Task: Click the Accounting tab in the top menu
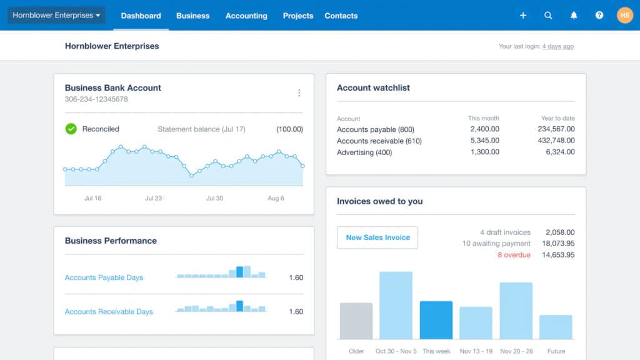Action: [x=246, y=16]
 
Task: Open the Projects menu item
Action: [x=298, y=16]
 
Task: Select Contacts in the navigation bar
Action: [x=341, y=16]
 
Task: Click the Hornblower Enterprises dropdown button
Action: [x=56, y=15]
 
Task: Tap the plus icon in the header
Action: [x=523, y=16]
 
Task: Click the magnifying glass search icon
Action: [x=548, y=16]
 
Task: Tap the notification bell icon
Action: [x=574, y=16]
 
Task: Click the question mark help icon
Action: [x=599, y=16]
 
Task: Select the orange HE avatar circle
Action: [x=625, y=15]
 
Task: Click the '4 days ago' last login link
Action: [x=557, y=47]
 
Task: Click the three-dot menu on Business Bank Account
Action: [x=299, y=93]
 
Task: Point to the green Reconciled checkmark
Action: [x=71, y=129]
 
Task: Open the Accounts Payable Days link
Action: [x=104, y=277]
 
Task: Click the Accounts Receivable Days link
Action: [x=109, y=311]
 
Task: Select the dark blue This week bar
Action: [x=436, y=320]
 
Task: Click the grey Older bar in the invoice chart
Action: [x=356, y=321]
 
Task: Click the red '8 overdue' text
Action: [x=514, y=255]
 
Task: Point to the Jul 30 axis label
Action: [x=214, y=198]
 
